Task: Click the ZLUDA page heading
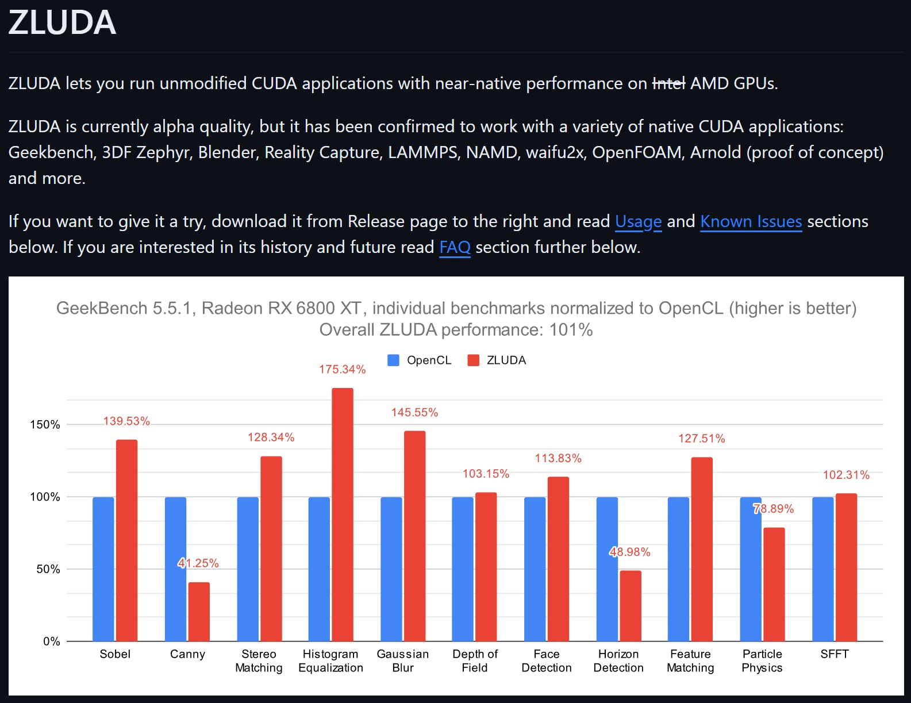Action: tap(62, 23)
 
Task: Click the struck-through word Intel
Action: tap(668, 84)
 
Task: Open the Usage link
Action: tap(638, 222)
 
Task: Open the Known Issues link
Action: tap(751, 222)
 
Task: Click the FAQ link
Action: tap(455, 248)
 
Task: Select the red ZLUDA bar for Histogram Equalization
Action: tap(343, 514)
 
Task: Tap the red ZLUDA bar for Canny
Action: tap(199, 612)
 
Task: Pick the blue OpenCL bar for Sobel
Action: tap(103, 569)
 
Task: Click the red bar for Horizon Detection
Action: tap(631, 606)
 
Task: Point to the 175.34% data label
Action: tap(343, 370)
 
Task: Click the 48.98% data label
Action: tap(630, 552)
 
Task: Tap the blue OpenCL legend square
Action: tap(393, 360)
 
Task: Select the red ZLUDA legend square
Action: tap(473, 360)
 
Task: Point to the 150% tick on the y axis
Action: tap(45, 425)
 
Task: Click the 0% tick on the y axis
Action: tap(51, 641)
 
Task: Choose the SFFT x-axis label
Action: tap(834, 654)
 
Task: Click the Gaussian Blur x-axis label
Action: tap(402, 661)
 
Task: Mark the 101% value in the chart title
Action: tap(571, 330)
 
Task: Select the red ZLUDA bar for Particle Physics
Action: tap(774, 584)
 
